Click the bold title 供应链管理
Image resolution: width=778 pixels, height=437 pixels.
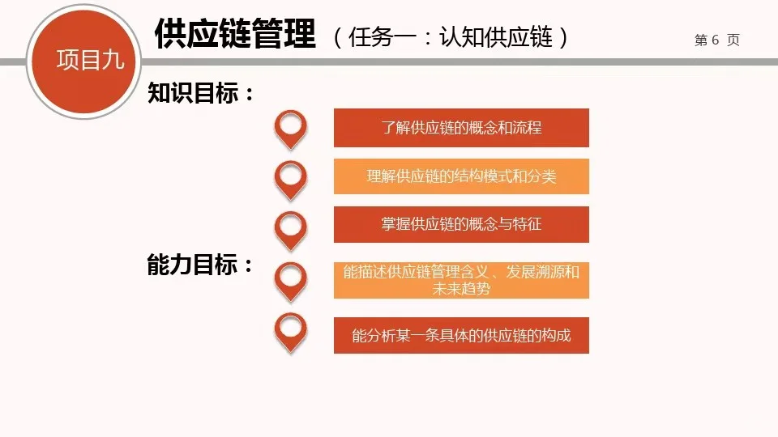(235, 35)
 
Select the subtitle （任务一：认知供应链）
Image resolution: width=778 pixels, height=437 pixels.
(451, 37)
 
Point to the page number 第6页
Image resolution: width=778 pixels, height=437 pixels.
(717, 40)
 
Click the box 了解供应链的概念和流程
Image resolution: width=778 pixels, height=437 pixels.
(461, 128)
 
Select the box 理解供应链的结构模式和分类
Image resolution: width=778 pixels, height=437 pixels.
(461, 176)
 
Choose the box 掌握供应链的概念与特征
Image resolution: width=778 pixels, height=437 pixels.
(461, 225)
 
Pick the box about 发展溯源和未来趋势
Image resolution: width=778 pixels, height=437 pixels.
(461, 280)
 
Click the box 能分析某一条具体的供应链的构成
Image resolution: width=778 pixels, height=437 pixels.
(461, 336)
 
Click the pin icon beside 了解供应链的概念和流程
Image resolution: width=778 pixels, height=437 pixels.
(291, 127)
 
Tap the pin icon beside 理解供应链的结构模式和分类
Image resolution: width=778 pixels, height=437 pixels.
(291, 177)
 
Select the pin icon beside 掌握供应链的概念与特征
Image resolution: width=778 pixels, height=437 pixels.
(291, 227)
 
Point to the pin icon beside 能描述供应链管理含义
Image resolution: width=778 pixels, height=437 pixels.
(291, 278)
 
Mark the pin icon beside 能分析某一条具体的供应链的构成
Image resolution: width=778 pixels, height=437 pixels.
(291, 329)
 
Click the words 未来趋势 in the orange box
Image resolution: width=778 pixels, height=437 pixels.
(461, 289)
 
